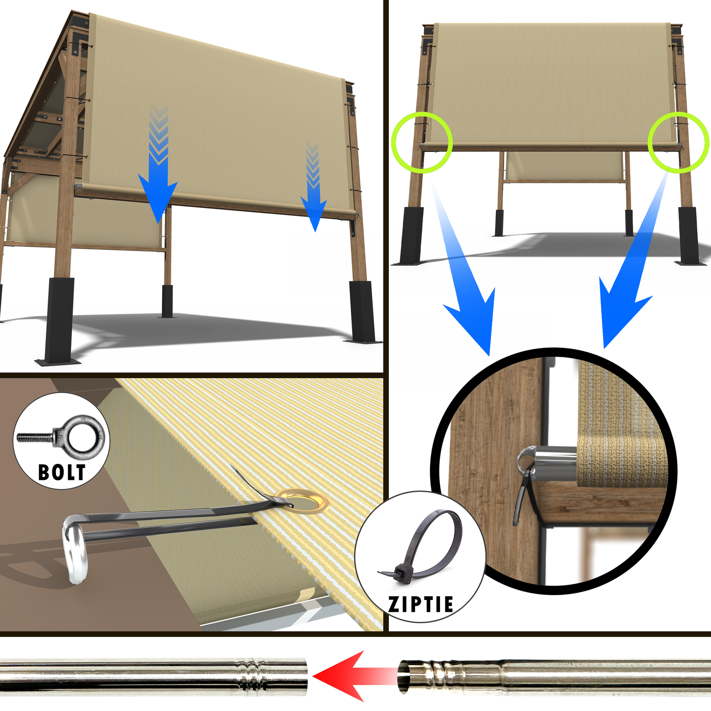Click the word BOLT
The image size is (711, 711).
62,472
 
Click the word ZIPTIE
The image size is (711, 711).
421,604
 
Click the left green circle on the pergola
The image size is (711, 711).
422,143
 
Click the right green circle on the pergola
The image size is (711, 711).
678,143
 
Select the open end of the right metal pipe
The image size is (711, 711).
405,677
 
